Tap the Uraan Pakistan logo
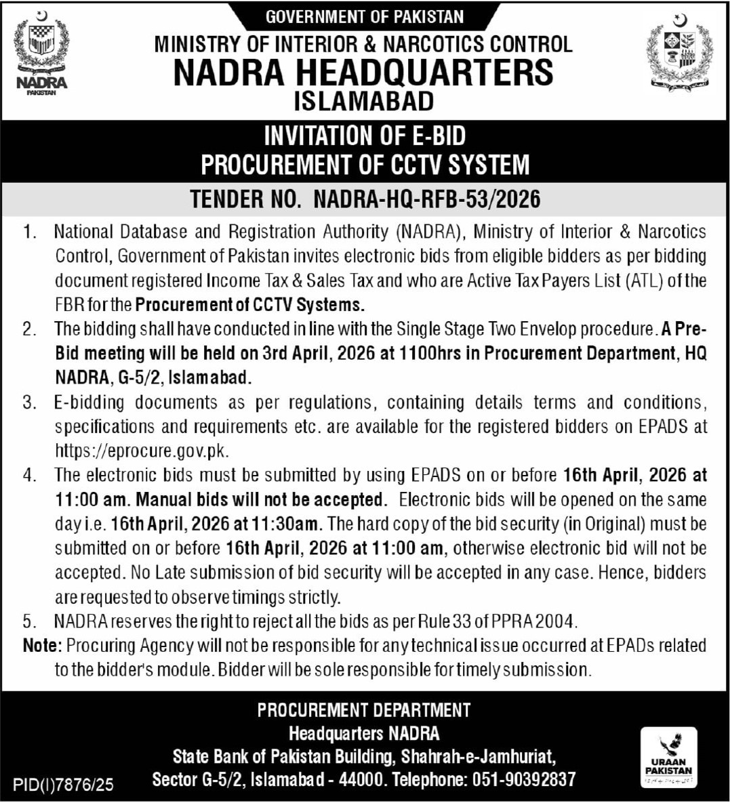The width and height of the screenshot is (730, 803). point(668,758)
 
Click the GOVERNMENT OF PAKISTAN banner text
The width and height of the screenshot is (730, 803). point(365,17)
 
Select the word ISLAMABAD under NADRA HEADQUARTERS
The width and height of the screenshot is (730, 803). point(364,101)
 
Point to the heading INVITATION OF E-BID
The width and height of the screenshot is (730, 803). point(365,136)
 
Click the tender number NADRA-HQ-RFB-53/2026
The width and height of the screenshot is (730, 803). point(427,199)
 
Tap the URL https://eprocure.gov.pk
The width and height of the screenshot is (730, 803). point(142,451)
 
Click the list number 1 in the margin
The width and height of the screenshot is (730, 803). point(28,232)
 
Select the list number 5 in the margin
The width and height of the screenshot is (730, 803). point(28,621)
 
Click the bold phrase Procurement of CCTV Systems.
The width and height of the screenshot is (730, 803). point(249,304)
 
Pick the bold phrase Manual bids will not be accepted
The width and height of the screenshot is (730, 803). point(261,500)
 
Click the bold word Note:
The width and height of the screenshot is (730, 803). point(43,645)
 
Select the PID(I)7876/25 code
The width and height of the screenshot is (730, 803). point(63,785)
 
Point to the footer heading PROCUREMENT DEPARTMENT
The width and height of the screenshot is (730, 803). point(364,710)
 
